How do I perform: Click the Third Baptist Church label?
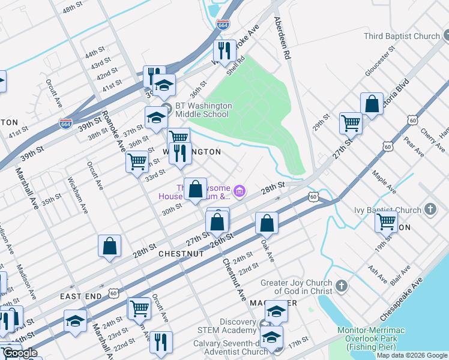tap(402, 36)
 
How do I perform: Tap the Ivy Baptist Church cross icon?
tap(430, 209)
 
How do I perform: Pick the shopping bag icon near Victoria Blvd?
tap(372, 103)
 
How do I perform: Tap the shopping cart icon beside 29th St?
tap(351, 123)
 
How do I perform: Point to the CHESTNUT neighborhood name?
tap(181, 254)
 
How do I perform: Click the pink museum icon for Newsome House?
tap(239, 191)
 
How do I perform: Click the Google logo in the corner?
tap(20, 353)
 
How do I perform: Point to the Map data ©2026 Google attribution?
tap(412, 355)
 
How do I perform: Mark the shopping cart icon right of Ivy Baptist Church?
tap(386, 221)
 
